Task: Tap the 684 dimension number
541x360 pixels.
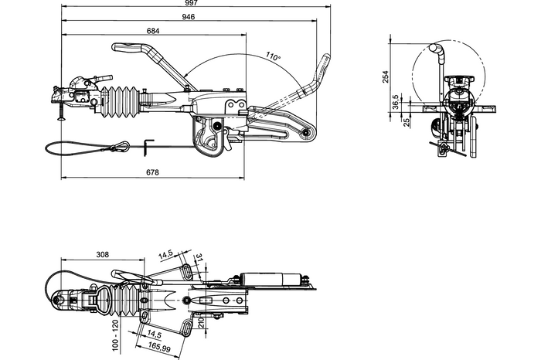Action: (x=153, y=31)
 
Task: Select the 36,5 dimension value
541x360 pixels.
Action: (x=395, y=101)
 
